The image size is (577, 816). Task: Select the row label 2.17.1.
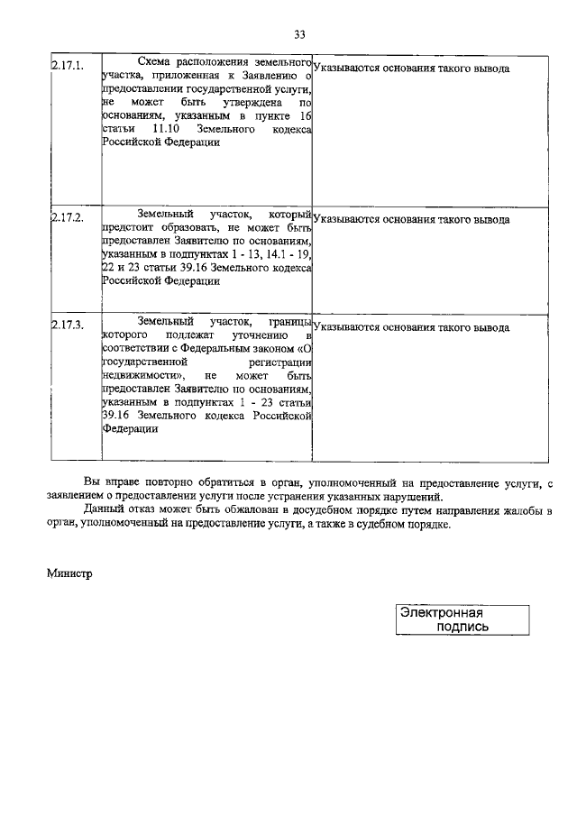pyautogui.click(x=67, y=66)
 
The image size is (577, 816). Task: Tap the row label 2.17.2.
pyautogui.click(x=67, y=218)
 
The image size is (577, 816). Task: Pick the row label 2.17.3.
pyautogui.click(x=67, y=325)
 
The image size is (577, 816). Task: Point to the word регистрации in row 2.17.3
pyautogui.click(x=281, y=361)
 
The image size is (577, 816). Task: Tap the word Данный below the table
pyautogui.click(x=104, y=510)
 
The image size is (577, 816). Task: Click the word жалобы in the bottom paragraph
pyautogui.click(x=517, y=510)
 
